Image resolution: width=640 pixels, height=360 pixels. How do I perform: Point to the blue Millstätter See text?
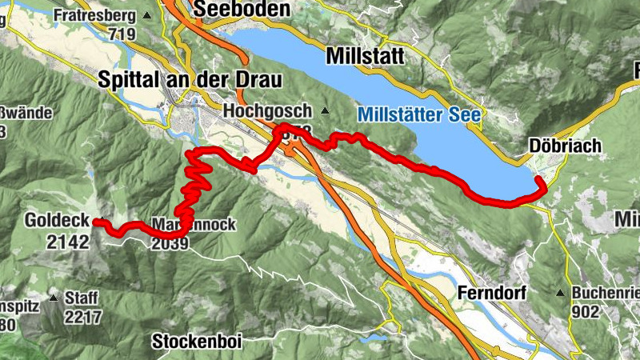[419, 115]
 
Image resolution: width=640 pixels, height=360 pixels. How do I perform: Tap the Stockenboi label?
[196, 341]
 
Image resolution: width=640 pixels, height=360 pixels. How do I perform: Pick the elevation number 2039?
[170, 243]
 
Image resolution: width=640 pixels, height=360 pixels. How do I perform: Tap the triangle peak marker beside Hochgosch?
[324, 110]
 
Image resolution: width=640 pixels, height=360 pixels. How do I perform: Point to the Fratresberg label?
[93, 15]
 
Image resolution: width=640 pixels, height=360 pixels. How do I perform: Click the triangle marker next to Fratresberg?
[146, 15]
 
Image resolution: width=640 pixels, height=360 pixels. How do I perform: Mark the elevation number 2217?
[83, 317]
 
